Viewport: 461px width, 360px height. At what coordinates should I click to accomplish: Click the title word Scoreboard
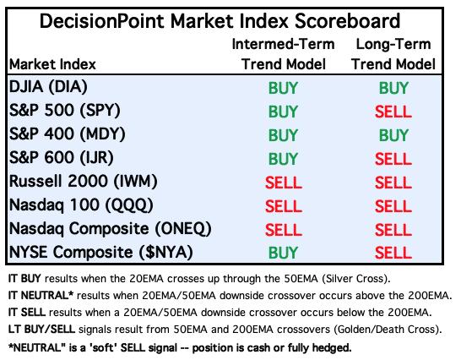tap(347, 21)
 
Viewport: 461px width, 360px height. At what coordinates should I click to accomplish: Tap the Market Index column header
tap(52, 64)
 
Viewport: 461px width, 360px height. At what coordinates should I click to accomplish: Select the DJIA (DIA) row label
tap(48, 87)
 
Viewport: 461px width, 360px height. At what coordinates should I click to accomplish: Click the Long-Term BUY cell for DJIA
tap(393, 88)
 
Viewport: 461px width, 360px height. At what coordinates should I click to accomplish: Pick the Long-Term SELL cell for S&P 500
tap(393, 112)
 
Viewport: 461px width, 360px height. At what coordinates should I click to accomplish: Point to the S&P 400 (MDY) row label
tap(68, 134)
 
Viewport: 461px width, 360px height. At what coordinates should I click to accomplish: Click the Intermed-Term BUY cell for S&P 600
tap(283, 159)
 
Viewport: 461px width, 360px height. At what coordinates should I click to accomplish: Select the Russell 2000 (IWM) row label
tap(84, 181)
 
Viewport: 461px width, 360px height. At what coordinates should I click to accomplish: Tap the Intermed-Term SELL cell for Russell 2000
tap(283, 183)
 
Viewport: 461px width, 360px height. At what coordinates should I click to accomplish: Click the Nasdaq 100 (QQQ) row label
tap(81, 205)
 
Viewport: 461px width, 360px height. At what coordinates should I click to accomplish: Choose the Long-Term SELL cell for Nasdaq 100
tap(393, 206)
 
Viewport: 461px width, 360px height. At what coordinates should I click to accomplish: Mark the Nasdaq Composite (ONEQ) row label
tap(111, 229)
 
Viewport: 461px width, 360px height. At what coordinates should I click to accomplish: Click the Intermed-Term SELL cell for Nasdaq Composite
tap(283, 230)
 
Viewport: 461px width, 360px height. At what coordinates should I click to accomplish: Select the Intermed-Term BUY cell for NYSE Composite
tap(283, 253)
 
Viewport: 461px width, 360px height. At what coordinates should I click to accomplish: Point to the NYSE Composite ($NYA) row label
tap(101, 253)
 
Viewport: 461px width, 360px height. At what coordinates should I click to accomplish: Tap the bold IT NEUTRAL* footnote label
tap(41, 295)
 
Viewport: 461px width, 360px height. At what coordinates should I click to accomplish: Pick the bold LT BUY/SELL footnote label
tap(41, 330)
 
